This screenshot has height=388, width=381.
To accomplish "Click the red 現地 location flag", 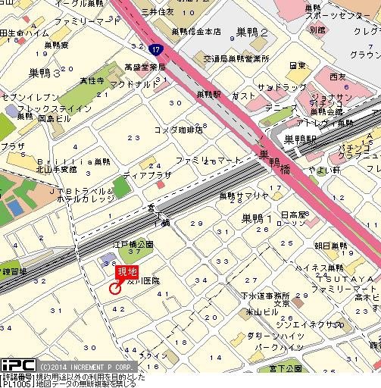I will click(x=126, y=273).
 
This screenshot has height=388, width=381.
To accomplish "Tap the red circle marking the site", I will click(x=115, y=288).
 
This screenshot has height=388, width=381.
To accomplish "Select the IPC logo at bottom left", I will click(x=17, y=365).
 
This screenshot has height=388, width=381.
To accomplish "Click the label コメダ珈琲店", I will click(x=178, y=130).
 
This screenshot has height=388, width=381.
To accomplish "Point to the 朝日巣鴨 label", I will click(x=329, y=246).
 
